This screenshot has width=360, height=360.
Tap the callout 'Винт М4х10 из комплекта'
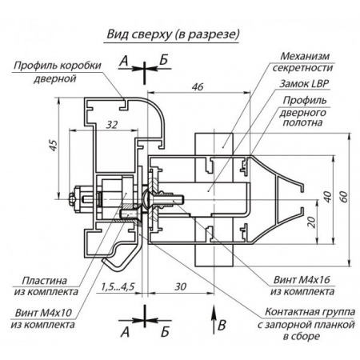(x=43, y=320)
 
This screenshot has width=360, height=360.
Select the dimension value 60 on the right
(x=342, y=197)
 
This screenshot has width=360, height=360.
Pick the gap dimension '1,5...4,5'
(x=118, y=286)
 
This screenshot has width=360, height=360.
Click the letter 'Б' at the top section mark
(x=163, y=60)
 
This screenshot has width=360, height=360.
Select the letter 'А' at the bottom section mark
(x=123, y=330)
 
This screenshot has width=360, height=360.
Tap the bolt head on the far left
(x=74, y=197)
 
